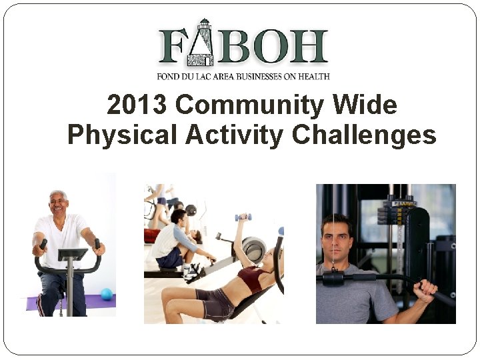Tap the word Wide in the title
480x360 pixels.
[367, 105]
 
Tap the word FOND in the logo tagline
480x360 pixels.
[169, 77]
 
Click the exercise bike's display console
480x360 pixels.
[73, 255]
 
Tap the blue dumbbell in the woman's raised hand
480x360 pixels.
[243, 217]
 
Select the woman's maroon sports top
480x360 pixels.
[252, 277]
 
